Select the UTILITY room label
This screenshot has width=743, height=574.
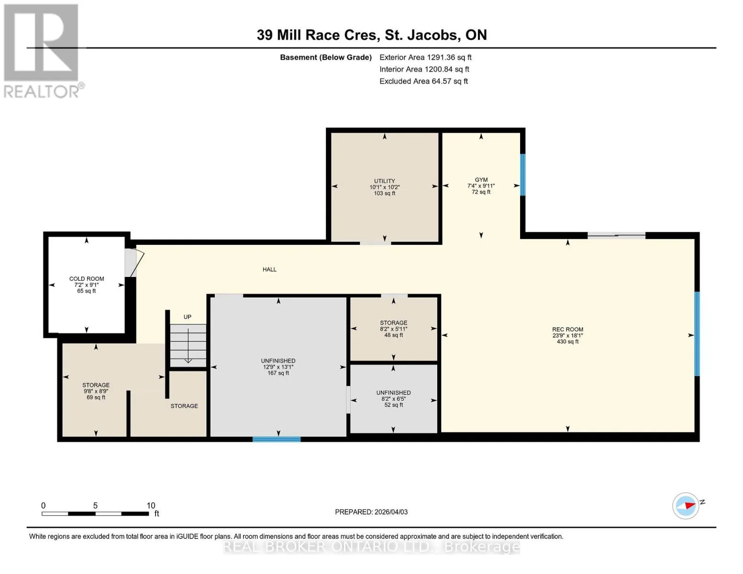coord(385,181)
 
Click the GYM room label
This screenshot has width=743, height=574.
coord(481,179)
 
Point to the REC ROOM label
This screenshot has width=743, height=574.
coord(567,329)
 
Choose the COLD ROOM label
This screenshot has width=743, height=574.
coord(87,278)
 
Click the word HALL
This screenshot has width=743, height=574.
coord(269,269)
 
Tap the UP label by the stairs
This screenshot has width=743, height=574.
coord(188,317)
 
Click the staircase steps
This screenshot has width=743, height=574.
coord(188,346)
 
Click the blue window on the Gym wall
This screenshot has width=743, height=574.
coord(522,175)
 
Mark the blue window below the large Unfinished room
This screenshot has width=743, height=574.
coord(277,439)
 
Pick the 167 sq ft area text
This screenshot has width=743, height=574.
coord(278,373)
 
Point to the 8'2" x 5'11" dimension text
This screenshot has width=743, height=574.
coord(394,329)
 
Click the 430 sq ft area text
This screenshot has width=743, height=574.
coord(567,342)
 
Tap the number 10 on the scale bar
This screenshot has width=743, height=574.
coord(151,505)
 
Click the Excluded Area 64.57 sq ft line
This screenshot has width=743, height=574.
coord(423,81)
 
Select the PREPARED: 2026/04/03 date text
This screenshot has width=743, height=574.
coord(371,512)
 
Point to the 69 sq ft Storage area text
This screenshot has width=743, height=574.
coord(96,397)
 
